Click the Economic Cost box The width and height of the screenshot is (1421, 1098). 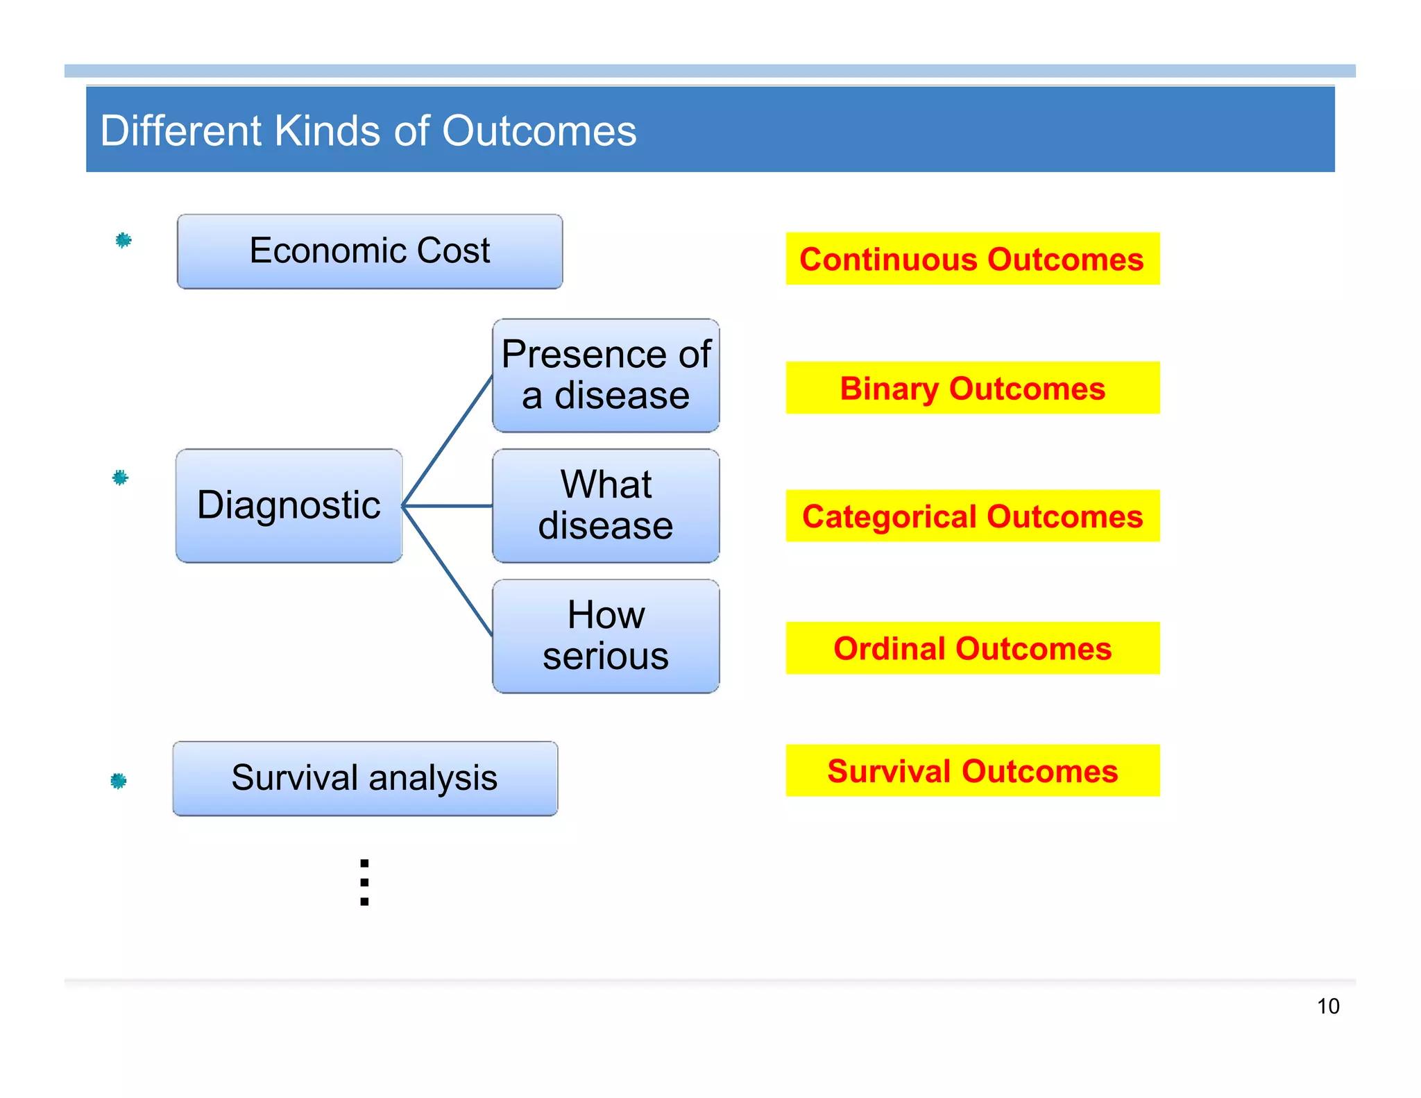(370, 251)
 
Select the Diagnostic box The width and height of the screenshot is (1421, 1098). (289, 505)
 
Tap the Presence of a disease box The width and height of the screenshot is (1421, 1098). (606, 375)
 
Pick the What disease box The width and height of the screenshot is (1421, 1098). (606, 505)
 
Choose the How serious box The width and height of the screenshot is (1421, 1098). (606, 636)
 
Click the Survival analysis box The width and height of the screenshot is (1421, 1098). (365, 778)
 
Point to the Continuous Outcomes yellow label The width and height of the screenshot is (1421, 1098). (972, 259)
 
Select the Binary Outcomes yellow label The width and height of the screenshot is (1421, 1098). (972, 388)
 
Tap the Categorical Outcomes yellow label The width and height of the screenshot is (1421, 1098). (972, 516)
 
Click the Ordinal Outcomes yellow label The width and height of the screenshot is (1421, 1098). (972, 648)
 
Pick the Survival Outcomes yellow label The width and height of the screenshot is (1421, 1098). (972, 770)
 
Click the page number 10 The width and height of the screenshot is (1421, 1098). (1328, 1006)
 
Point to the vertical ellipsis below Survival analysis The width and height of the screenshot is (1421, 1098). (364, 883)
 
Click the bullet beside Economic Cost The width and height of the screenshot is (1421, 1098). (124, 240)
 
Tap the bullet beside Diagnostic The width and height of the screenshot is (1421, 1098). (120, 478)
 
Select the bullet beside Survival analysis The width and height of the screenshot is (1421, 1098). (119, 781)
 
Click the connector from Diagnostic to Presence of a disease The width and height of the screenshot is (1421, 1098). (448, 440)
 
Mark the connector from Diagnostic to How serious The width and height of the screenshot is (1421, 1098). (448, 571)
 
